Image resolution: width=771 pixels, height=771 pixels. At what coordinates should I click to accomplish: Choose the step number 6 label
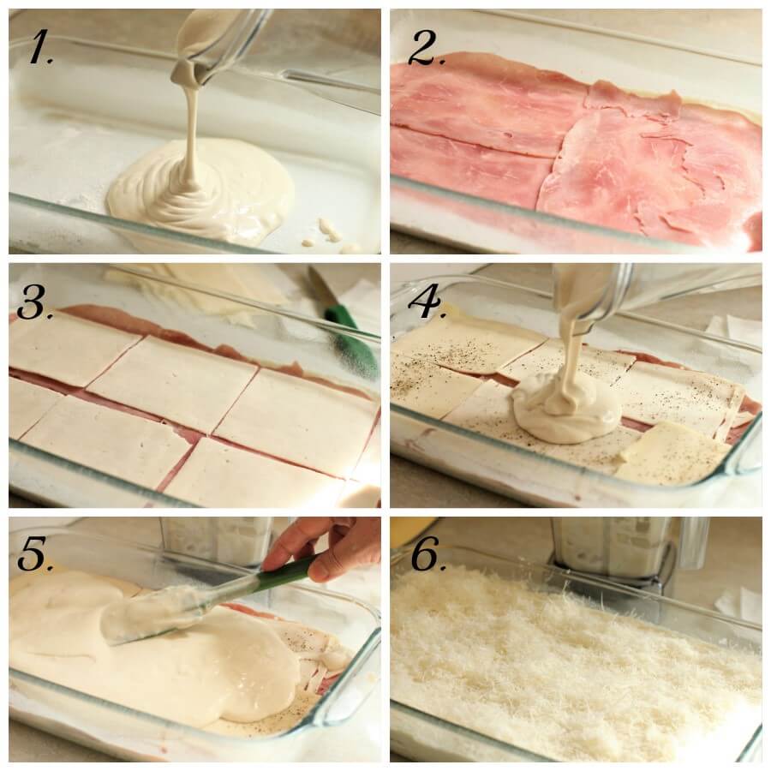click(x=427, y=555)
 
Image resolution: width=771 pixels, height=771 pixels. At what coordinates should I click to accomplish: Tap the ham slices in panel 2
click(x=574, y=146)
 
